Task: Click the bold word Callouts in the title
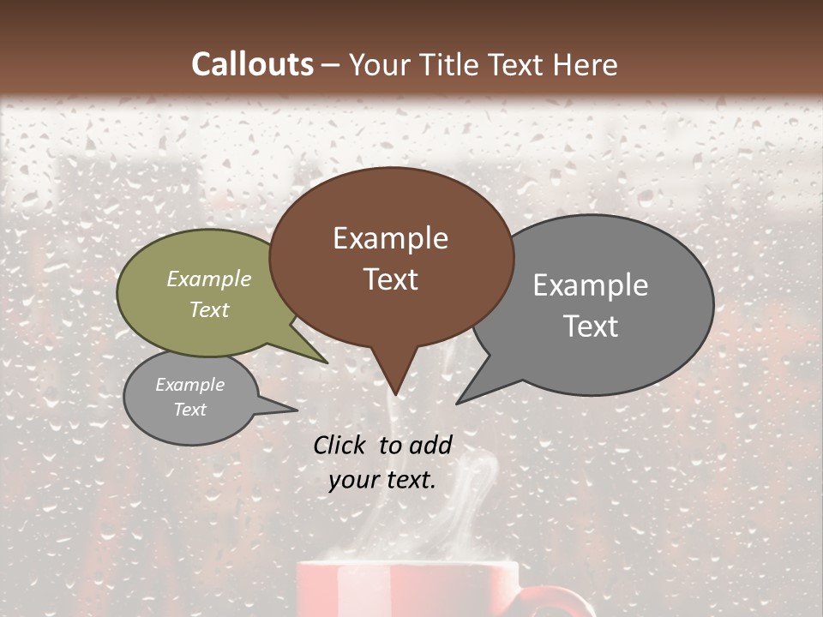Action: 252,64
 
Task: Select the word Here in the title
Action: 585,65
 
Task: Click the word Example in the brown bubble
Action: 390,238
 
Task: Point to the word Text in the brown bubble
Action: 391,279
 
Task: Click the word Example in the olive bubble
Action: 209,279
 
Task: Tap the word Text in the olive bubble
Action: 209,309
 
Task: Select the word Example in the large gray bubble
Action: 591,285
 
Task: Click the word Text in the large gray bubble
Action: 592,326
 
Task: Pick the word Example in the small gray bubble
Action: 189,385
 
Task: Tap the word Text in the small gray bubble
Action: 189,410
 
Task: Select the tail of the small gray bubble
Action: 287,409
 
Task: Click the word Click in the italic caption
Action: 339,445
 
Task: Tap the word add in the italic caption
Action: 430,445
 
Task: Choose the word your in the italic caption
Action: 352,481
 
